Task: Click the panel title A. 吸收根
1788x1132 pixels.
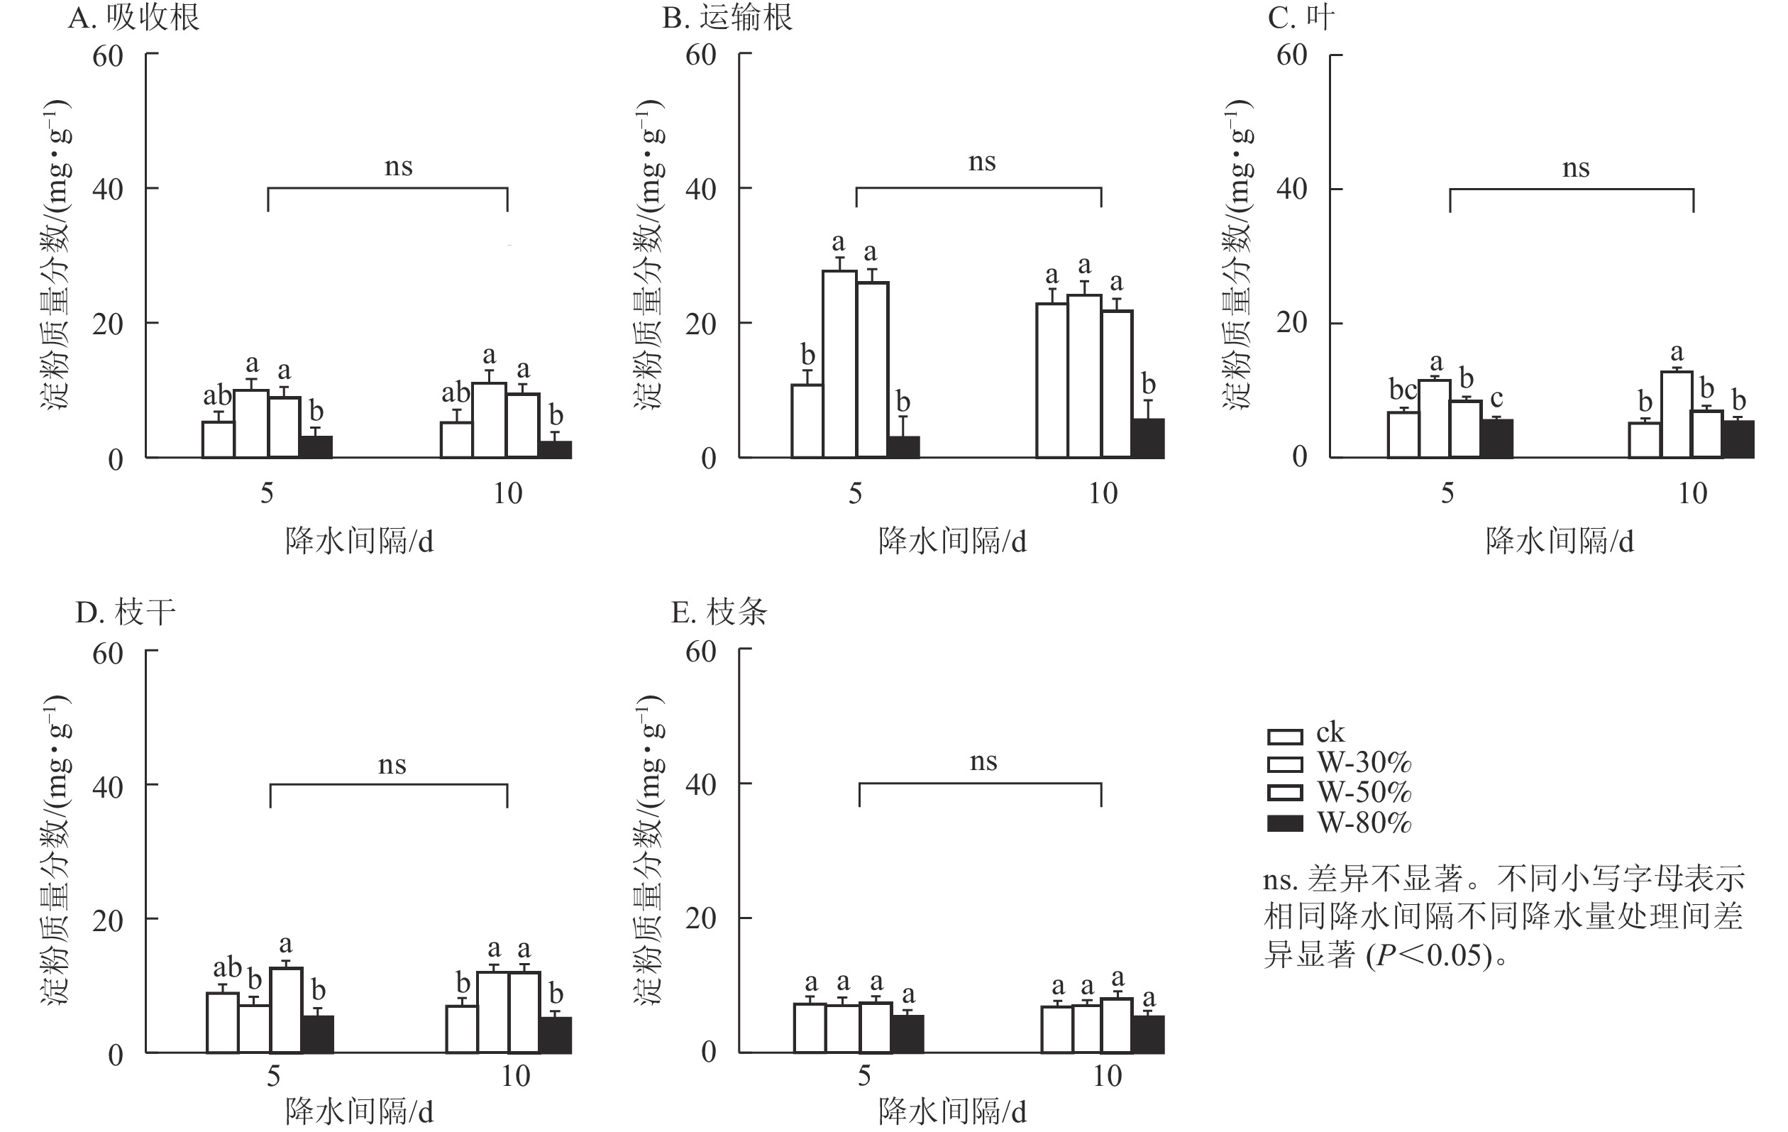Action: (133, 18)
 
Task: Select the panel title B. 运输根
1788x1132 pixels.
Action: (727, 18)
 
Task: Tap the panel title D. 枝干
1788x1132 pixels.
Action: (126, 612)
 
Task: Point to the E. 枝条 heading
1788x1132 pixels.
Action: (719, 612)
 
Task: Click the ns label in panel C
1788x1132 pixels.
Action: (1576, 169)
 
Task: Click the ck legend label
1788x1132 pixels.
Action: (1330, 732)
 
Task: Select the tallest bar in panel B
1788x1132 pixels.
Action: (839, 364)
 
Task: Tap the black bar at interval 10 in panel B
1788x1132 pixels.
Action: (1148, 438)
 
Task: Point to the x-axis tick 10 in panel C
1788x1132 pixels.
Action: (1692, 493)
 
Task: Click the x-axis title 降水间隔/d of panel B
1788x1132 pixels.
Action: (952, 542)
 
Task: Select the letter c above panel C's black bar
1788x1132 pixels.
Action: (1496, 398)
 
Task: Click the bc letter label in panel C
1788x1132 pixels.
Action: (1403, 389)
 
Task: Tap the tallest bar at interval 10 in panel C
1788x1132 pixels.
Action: (1677, 414)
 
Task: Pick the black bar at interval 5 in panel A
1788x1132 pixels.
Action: (316, 446)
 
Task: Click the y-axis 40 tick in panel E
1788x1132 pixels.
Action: (700, 784)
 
